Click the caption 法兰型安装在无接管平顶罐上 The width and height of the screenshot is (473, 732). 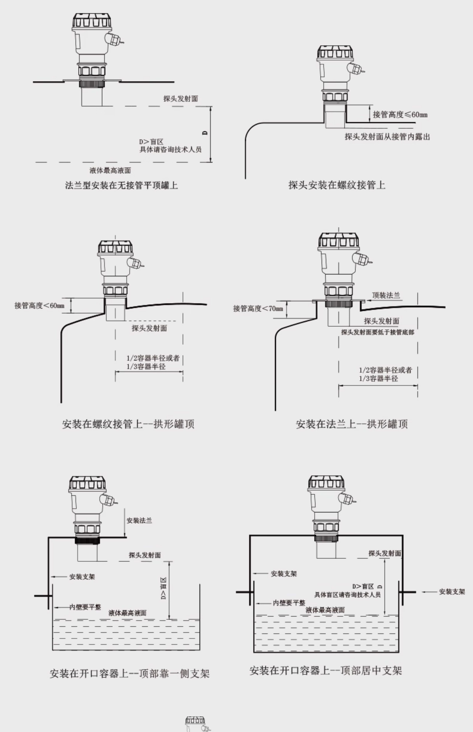point(121,185)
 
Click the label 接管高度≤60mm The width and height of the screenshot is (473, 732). point(400,115)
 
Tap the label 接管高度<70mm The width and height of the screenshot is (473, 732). point(258,308)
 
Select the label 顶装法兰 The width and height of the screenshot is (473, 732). point(386,295)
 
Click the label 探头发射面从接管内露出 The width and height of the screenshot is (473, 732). point(387,137)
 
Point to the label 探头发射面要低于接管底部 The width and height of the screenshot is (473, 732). point(377,332)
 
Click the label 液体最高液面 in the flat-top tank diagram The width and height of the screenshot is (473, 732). point(110,170)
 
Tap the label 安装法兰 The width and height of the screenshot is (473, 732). point(139,521)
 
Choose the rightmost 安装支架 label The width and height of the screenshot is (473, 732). point(452,592)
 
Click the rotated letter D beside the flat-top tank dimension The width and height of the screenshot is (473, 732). point(205,133)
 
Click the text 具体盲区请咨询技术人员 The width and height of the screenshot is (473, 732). point(347,595)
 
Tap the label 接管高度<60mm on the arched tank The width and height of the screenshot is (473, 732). point(39,306)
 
